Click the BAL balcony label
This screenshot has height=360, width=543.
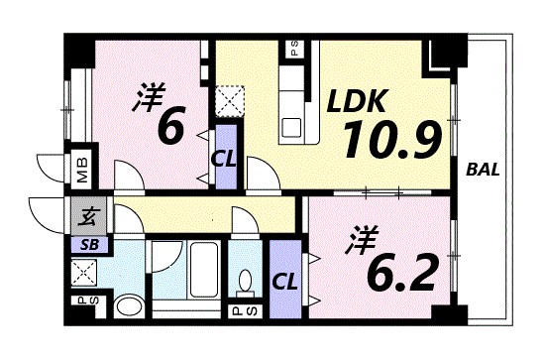coord(483,169)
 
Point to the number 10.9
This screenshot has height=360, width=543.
coord(390,143)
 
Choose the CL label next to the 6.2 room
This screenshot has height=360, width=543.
coord(285,280)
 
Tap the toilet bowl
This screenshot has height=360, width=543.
coord(246,281)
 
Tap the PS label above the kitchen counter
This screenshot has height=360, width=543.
coord(294,49)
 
